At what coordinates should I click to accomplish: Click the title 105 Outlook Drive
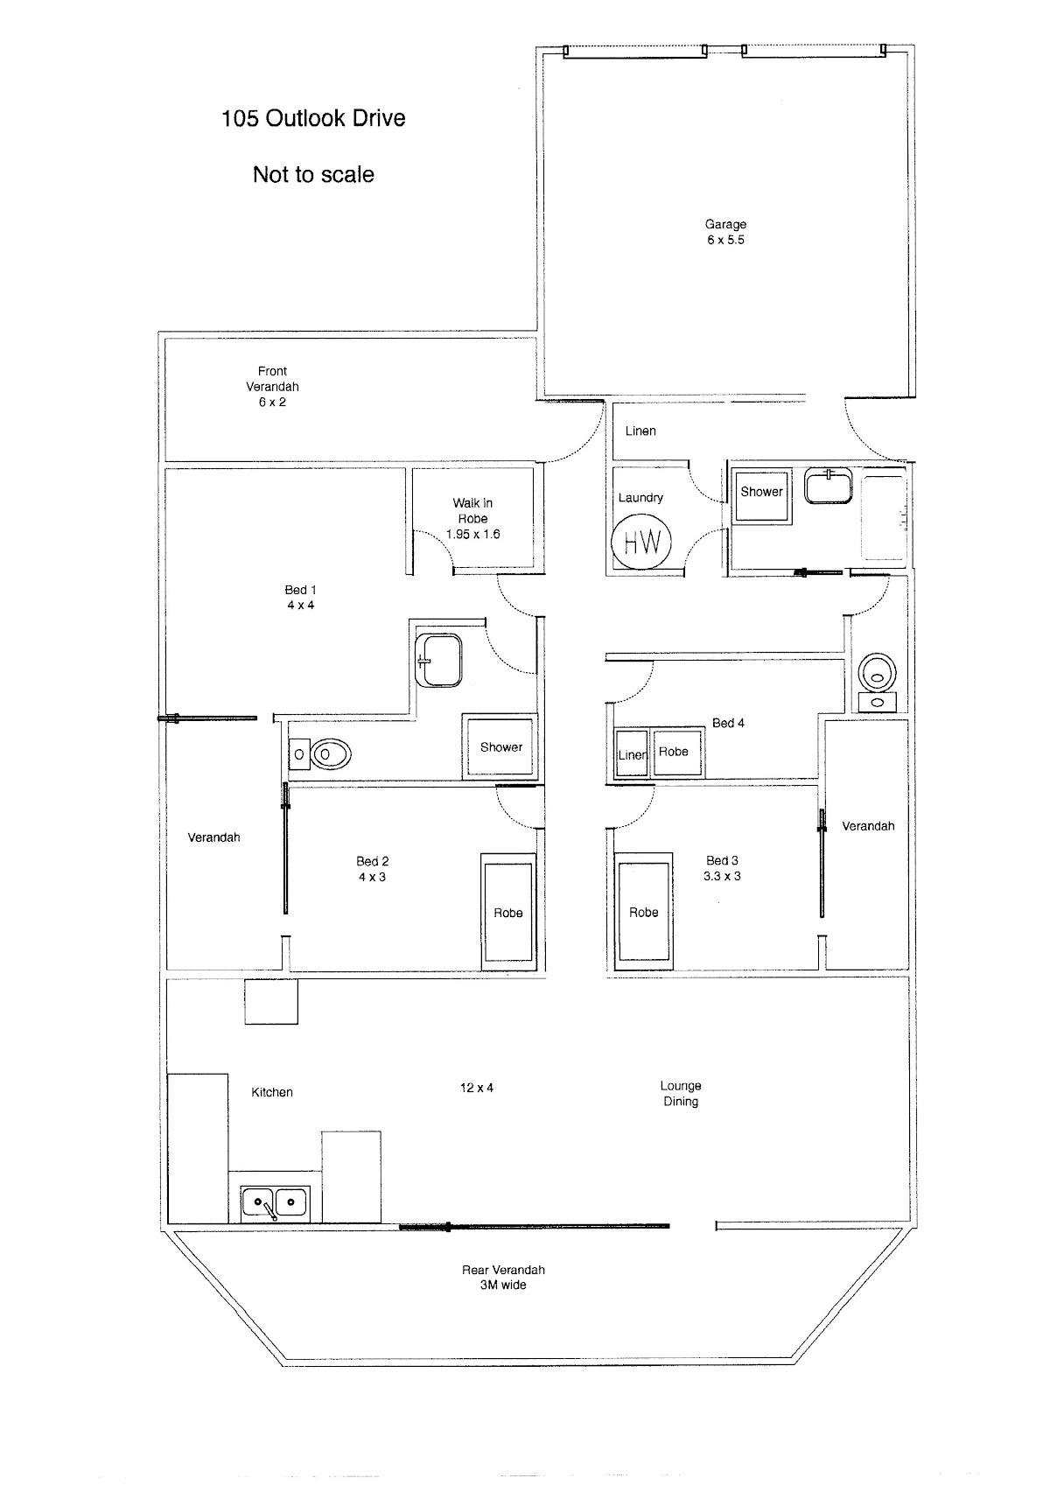313,118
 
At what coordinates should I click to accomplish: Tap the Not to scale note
313,174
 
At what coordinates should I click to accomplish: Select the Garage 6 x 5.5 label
725,232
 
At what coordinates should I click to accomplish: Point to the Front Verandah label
272,386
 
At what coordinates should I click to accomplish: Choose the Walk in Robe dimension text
472,534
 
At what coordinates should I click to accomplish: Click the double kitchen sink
275,1203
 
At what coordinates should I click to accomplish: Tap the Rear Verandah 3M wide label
503,1277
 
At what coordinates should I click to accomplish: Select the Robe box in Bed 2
507,912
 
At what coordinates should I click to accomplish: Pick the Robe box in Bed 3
643,912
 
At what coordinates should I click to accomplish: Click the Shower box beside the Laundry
761,493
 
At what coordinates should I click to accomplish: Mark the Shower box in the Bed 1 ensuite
500,746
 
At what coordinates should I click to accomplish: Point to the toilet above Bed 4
876,674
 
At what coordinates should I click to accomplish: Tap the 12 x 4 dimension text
477,1087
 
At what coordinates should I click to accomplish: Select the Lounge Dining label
681,1093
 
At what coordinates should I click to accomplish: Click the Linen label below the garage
640,431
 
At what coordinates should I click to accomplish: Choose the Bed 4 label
728,722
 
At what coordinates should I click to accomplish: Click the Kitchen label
272,1091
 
